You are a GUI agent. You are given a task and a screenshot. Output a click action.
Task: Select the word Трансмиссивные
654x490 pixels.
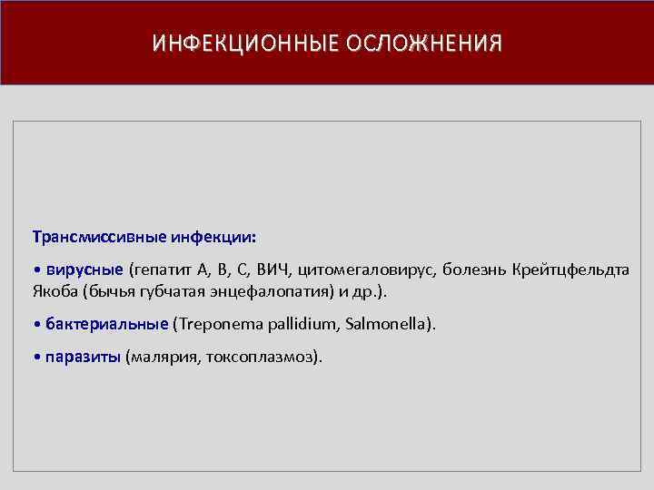tap(88, 237)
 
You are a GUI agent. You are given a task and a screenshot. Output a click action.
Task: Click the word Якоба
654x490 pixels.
tap(54, 292)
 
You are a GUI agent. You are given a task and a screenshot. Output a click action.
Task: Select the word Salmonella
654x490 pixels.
tap(385, 324)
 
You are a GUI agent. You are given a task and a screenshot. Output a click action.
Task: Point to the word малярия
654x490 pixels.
tap(163, 357)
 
